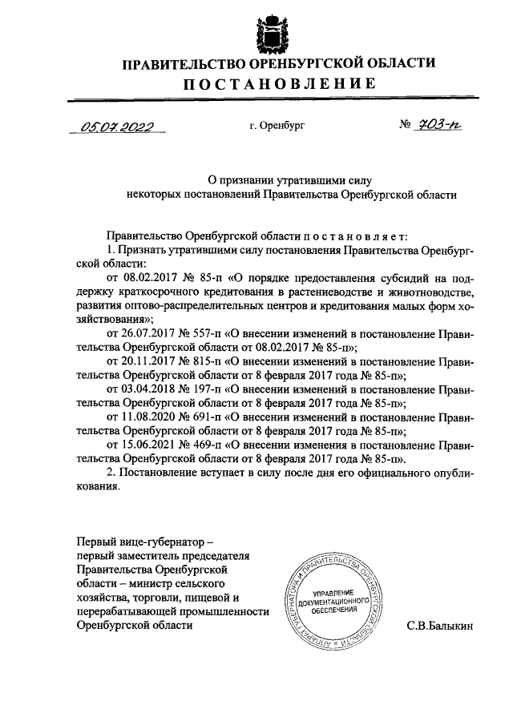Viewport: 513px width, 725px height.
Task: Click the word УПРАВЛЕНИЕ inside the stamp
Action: pyautogui.click(x=331, y=590)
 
